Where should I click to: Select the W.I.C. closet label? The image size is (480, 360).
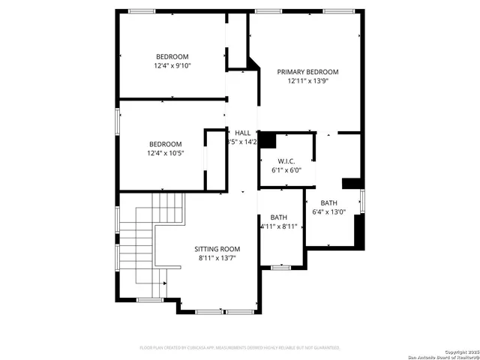pyautogui.click(x=285, y=160)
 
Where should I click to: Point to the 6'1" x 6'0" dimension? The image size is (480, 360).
pyautogui.click(x=285, y=170)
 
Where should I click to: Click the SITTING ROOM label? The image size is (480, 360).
pyautogui.click(x=217, y=249)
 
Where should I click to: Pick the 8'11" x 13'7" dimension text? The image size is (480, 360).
pyautogui.click(x=217, y=259)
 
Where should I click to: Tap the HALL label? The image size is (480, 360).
pyautogui.click(x=242, y=133)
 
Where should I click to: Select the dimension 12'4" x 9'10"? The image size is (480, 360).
pyautogui.click(x=172, y=66)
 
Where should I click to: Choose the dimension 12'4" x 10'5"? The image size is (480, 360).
pyautogui.click(x=166, y=154)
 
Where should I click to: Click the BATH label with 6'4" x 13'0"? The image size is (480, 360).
pyautogui.click(x=328, y=203)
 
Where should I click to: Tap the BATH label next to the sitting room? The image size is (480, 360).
pyautogui.click(x=279, y=217)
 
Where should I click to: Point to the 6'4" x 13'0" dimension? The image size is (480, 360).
pyautogui.click(x=328, y=212)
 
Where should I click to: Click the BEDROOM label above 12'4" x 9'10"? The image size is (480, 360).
pyautogui.click(x=172, y=57)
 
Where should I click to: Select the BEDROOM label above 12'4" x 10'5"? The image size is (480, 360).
pyautogui.click(x=165, y=145)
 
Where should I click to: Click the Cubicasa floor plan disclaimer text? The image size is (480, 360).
pyautogui.click(x=240, y=348)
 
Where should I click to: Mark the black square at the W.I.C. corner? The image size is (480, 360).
pyautogui.click(x=268, y=140)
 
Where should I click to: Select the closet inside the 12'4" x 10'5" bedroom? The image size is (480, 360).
pyautogui.click(x=216, y=160)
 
